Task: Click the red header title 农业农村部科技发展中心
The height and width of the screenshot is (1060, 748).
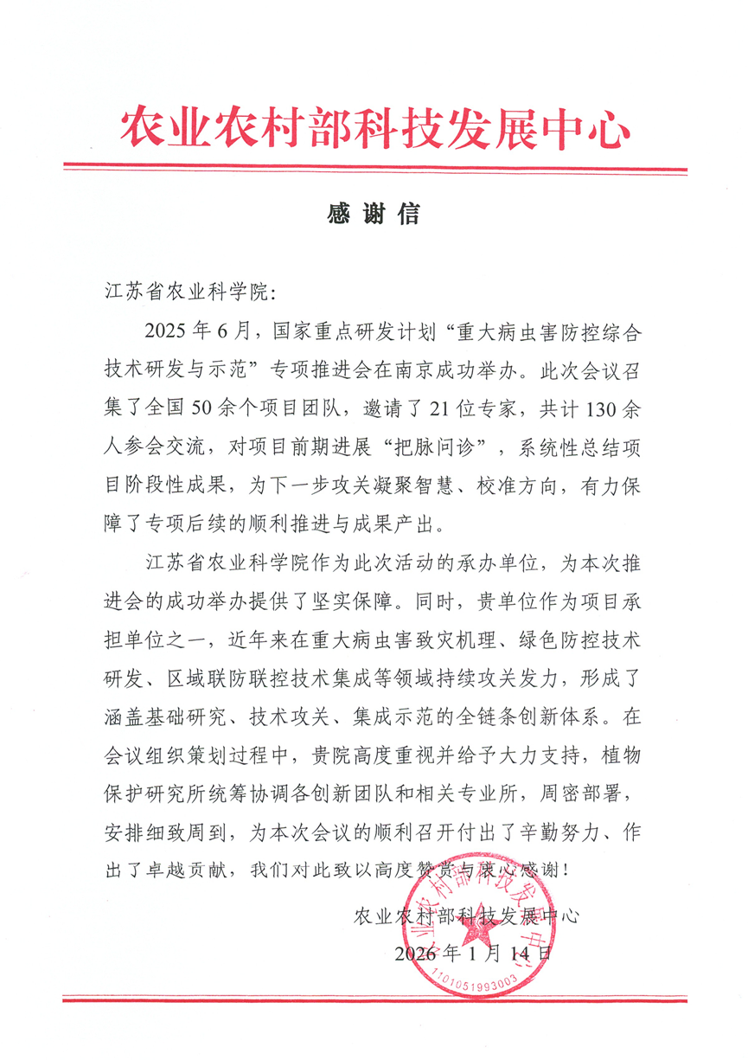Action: [374, 127]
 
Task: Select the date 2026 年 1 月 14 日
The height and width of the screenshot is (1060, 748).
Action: [471, 954]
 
